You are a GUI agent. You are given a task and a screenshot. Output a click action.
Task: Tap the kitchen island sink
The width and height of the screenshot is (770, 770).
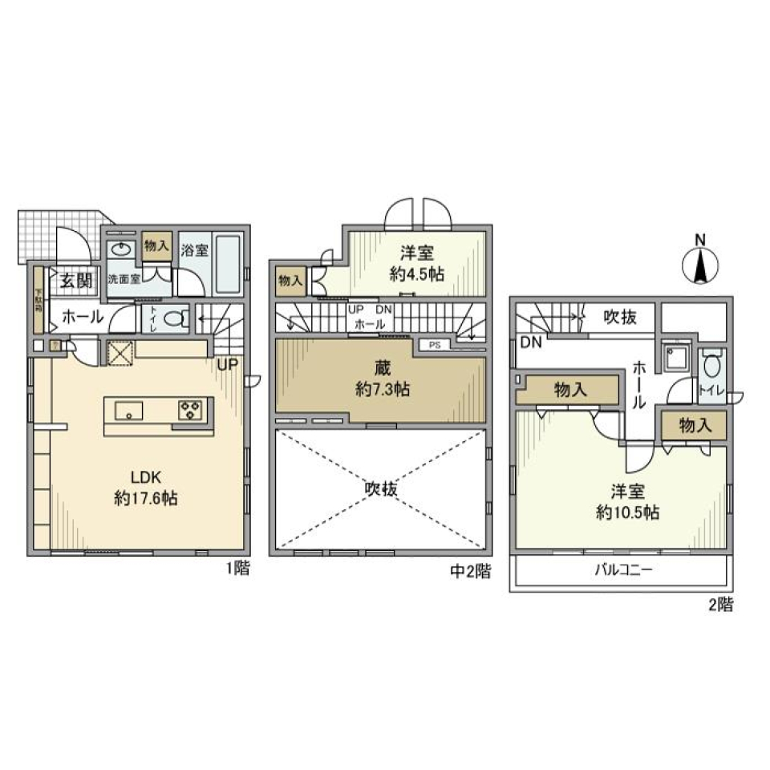129,412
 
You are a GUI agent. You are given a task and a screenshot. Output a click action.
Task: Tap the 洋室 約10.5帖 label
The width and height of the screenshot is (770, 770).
627,502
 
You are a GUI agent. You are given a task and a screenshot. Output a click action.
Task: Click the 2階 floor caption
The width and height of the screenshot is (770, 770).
719,606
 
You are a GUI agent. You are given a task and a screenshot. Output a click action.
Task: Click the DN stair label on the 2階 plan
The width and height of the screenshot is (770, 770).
529,342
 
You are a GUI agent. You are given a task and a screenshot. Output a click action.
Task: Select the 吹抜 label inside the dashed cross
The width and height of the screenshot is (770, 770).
383,488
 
